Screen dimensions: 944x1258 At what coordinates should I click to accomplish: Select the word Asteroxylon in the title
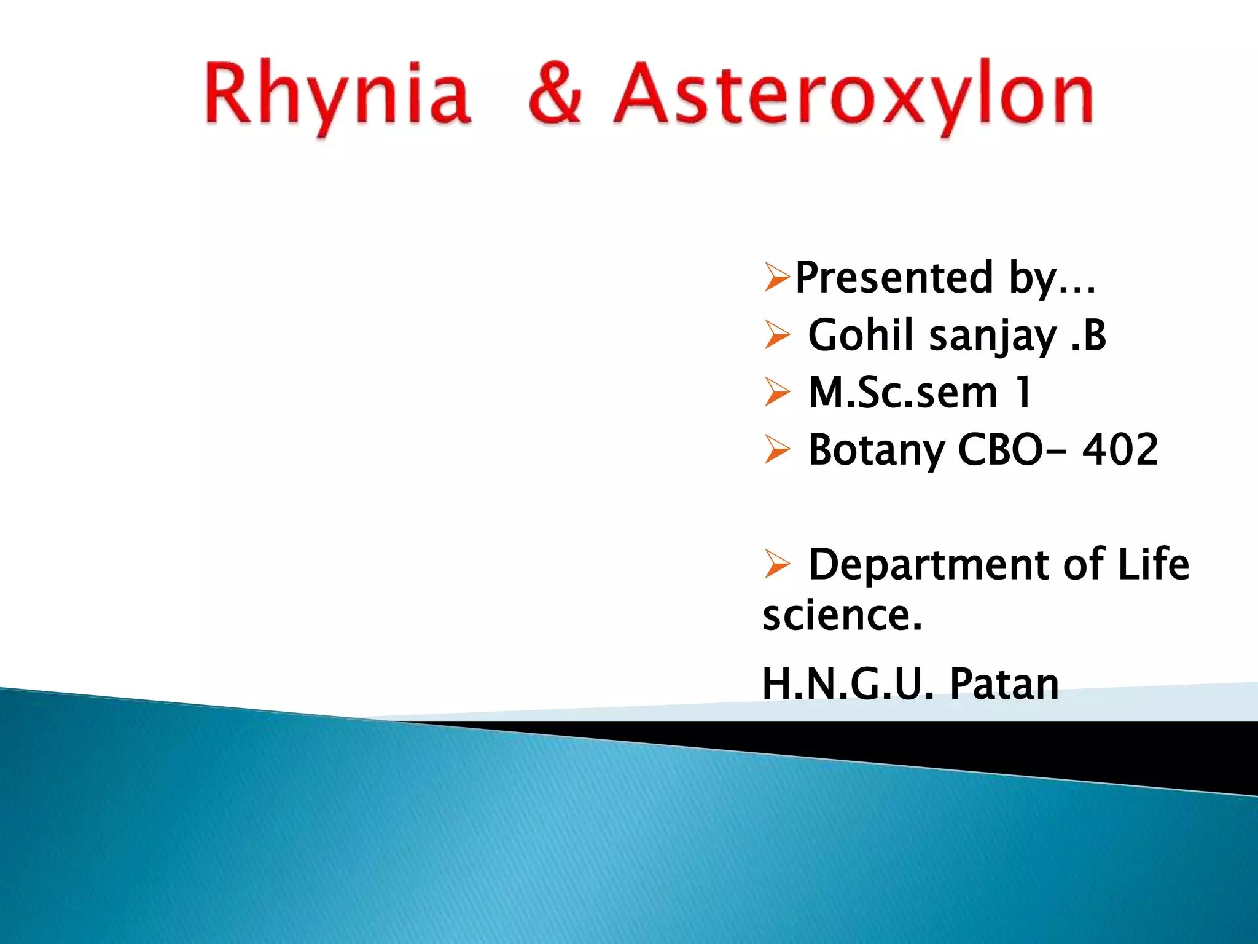(x=854, y=95)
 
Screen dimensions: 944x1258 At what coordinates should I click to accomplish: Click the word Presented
(x=894, y=278)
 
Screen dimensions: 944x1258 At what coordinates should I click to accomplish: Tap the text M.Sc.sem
(x=903, y=393)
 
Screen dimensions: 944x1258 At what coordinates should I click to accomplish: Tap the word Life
(x=1153, y=564)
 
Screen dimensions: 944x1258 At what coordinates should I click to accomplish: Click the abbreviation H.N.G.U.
(x=848, y=683)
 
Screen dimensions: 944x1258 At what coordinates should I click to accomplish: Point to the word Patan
(x=1004, y=683)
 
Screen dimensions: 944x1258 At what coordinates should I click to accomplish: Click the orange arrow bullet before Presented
(x=777, y=278)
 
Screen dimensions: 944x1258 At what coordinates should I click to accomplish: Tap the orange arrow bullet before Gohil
(x=777, y=336)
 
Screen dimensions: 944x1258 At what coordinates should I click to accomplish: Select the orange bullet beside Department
(x=777, y=564)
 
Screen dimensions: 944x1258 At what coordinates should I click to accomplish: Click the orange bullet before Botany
(x=777, y=450)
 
